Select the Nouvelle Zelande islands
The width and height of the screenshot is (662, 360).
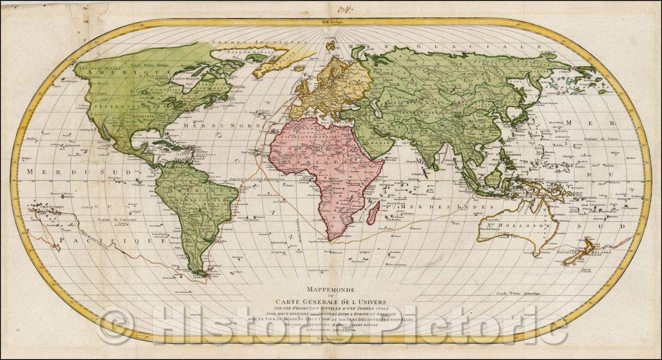click(579, 253)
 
